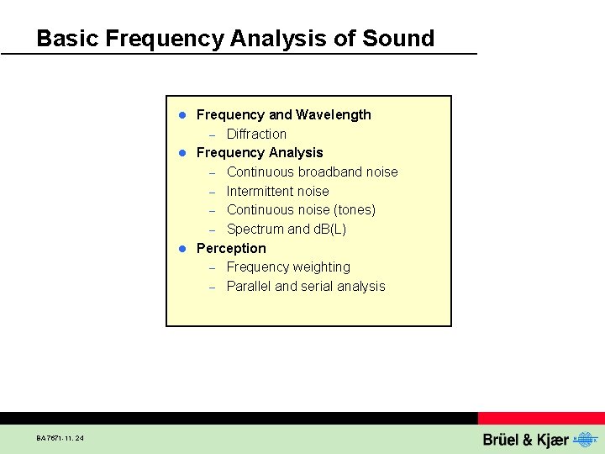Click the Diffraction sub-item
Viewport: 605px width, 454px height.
pos(256,134)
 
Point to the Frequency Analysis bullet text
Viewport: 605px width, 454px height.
pos(259,152)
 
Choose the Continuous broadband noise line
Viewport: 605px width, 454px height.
pos(312,172)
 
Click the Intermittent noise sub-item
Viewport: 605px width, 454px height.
pos(277,191)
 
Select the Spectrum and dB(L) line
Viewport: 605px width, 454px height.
pos(286,229)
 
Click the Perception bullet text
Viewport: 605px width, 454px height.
pos(230,248)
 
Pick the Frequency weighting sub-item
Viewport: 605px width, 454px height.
pos(288,267)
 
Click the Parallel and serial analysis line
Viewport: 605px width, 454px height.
pos(306,286)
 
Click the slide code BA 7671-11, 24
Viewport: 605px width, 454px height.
pos(60,438)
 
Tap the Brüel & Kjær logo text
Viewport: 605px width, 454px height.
pos(525,440)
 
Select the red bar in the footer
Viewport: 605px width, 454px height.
pos(541,418)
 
